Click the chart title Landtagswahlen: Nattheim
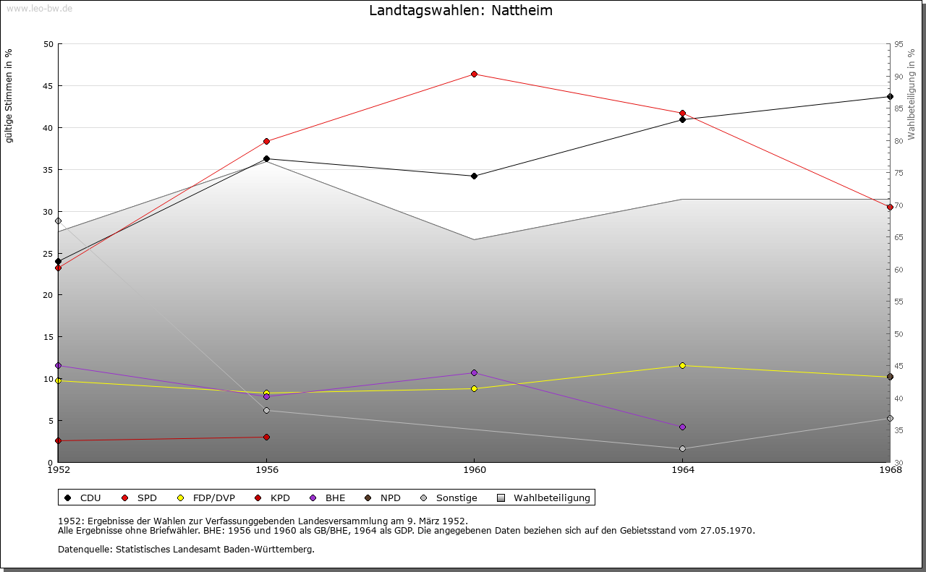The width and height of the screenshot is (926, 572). pyautogui.click(x=461, y=10)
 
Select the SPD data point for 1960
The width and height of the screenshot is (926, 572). pyautogui.click(x=474, y=74)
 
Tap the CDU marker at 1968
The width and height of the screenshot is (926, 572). pyautogui.click(x=890, y=96)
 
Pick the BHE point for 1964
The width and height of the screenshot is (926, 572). pyautogui.click(x=682, y=427)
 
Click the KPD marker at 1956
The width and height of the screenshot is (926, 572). pyautogui.click(x=266, y=437)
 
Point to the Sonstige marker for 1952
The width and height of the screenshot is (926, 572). pyautogui.click(x=58, y=221)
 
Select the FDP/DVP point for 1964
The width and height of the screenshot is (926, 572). pyautogui.click(x=682, y=365)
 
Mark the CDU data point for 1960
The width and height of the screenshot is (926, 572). pyautogui.click(x=474, y=176)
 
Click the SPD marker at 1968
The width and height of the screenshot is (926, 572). pyautogui.click(x=890, y=207)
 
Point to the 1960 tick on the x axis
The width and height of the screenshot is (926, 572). pyautogui.click(x=474, y=469)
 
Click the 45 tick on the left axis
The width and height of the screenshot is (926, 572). pyautogui.click(x=48, y=86)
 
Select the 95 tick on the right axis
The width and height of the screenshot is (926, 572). pyautogui.click(x=899, y=44)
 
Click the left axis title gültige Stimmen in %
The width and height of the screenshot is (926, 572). pyautogui.click(x=9, y=95)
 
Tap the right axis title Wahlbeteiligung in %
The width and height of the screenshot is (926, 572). pyautogui.click(x=912, y=94)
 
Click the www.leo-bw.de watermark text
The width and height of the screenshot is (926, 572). pyautogui.click(x=39, y=9)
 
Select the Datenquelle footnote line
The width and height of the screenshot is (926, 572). pyautogui.click(x=186, y=549)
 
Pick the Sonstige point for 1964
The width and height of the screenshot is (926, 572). pyautogui.click(x=682, y=448)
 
